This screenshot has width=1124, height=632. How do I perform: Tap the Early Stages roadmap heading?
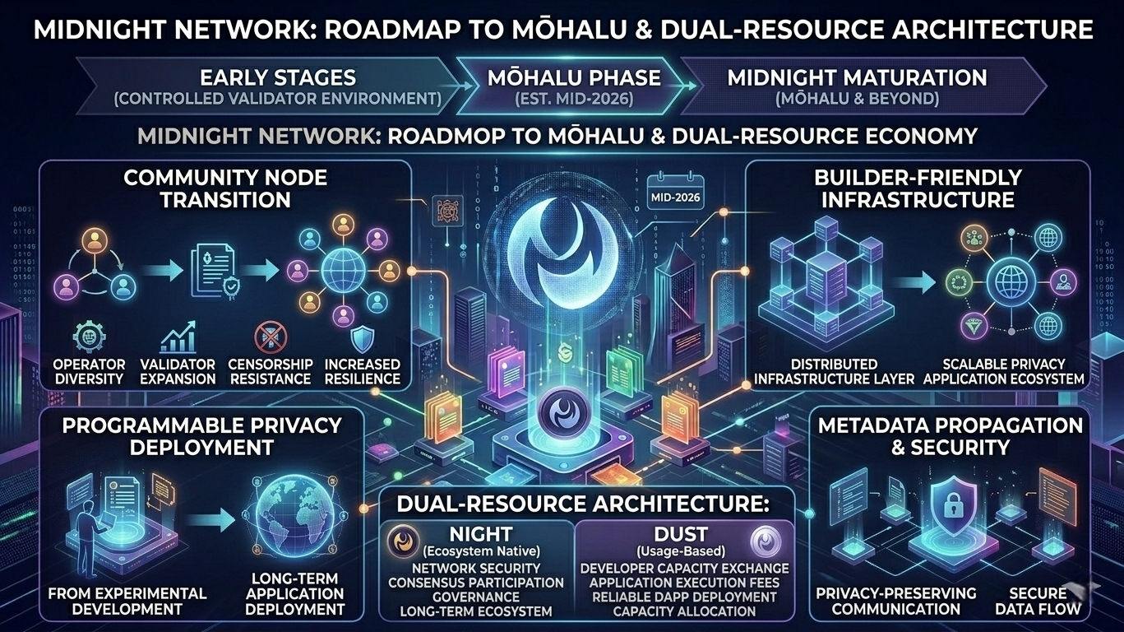[278, 78]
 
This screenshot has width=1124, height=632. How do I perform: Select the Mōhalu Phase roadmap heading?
[574, 78]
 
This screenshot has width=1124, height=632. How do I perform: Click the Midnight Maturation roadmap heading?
[857, 78]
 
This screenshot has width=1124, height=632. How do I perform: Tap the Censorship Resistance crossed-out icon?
[270, 337]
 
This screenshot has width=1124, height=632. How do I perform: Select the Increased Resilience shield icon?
[363, 338]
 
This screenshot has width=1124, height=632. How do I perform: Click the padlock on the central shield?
[945, 503]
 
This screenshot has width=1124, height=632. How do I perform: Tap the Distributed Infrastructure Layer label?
[835, 371]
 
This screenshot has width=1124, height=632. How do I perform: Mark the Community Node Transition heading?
[225, 188]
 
